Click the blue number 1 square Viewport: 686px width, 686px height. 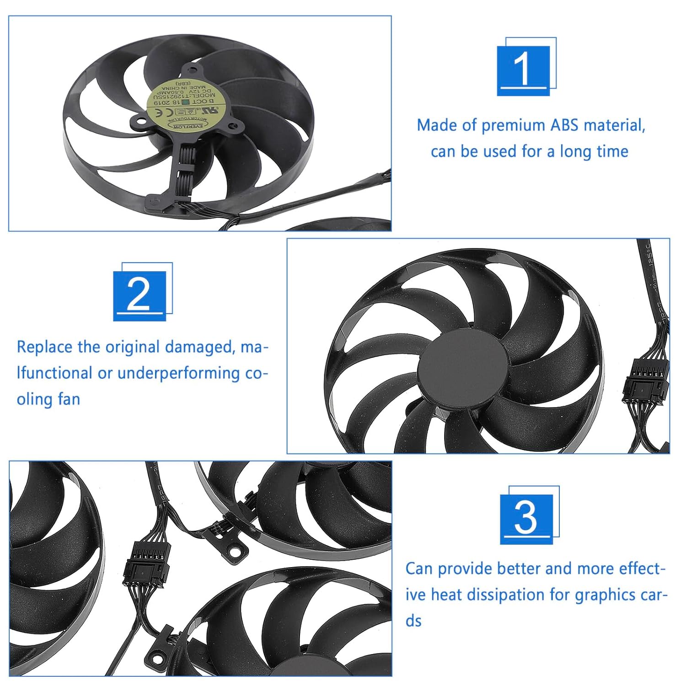click(x=523, y=70)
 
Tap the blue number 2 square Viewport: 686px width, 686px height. click(x=139, y=295)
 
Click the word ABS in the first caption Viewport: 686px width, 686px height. click(x=564, y=125)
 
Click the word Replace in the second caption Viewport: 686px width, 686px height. click(x=45, y=347)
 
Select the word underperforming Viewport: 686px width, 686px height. click(x=178, y=373)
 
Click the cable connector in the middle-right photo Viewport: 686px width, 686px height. click(x=646, y=380)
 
